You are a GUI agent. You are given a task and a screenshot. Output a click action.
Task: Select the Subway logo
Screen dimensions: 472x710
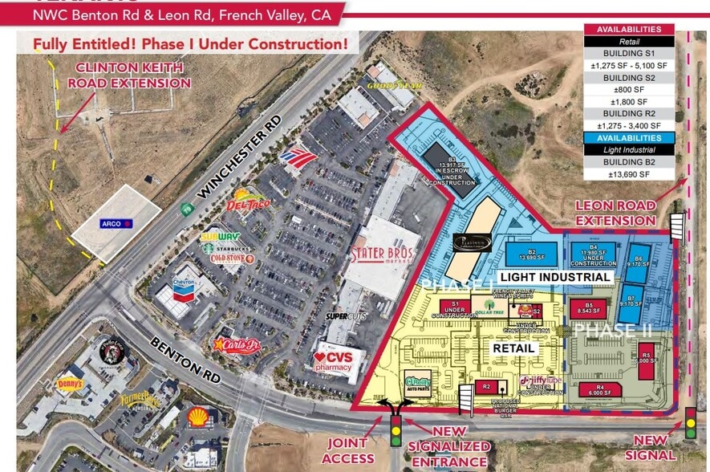tap(220, 237)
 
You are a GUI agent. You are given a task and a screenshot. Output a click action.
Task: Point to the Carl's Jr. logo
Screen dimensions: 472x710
tap(237, 345)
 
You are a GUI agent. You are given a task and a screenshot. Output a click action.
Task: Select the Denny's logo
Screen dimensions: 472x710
tap(70, 385)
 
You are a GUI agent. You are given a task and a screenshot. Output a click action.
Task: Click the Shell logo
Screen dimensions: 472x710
tap(197, 417)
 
